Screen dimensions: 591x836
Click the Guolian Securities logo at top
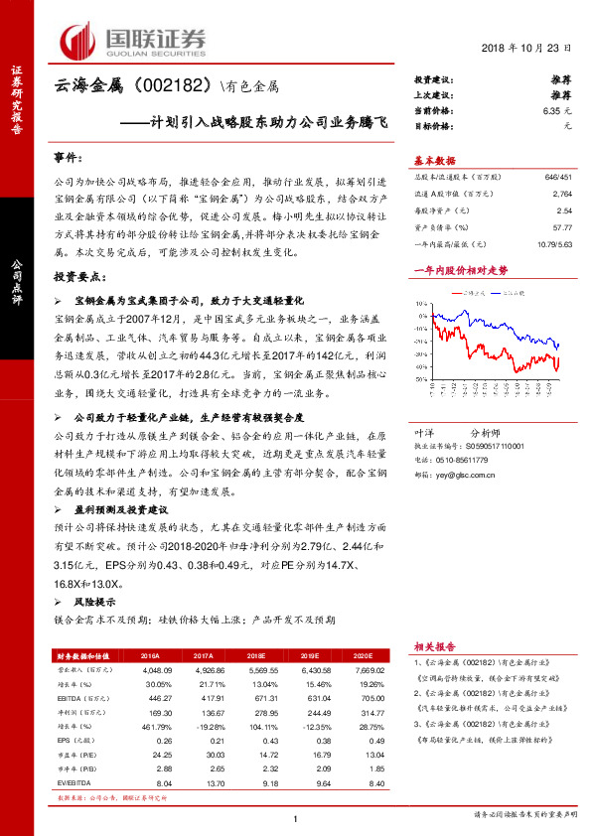pyautogui.click(x=134, y=39)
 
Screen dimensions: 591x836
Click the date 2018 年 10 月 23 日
pyautogui.click(x=534, y=50)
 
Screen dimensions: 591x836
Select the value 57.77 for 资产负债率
pyautogui.click(x=561, y=227)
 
